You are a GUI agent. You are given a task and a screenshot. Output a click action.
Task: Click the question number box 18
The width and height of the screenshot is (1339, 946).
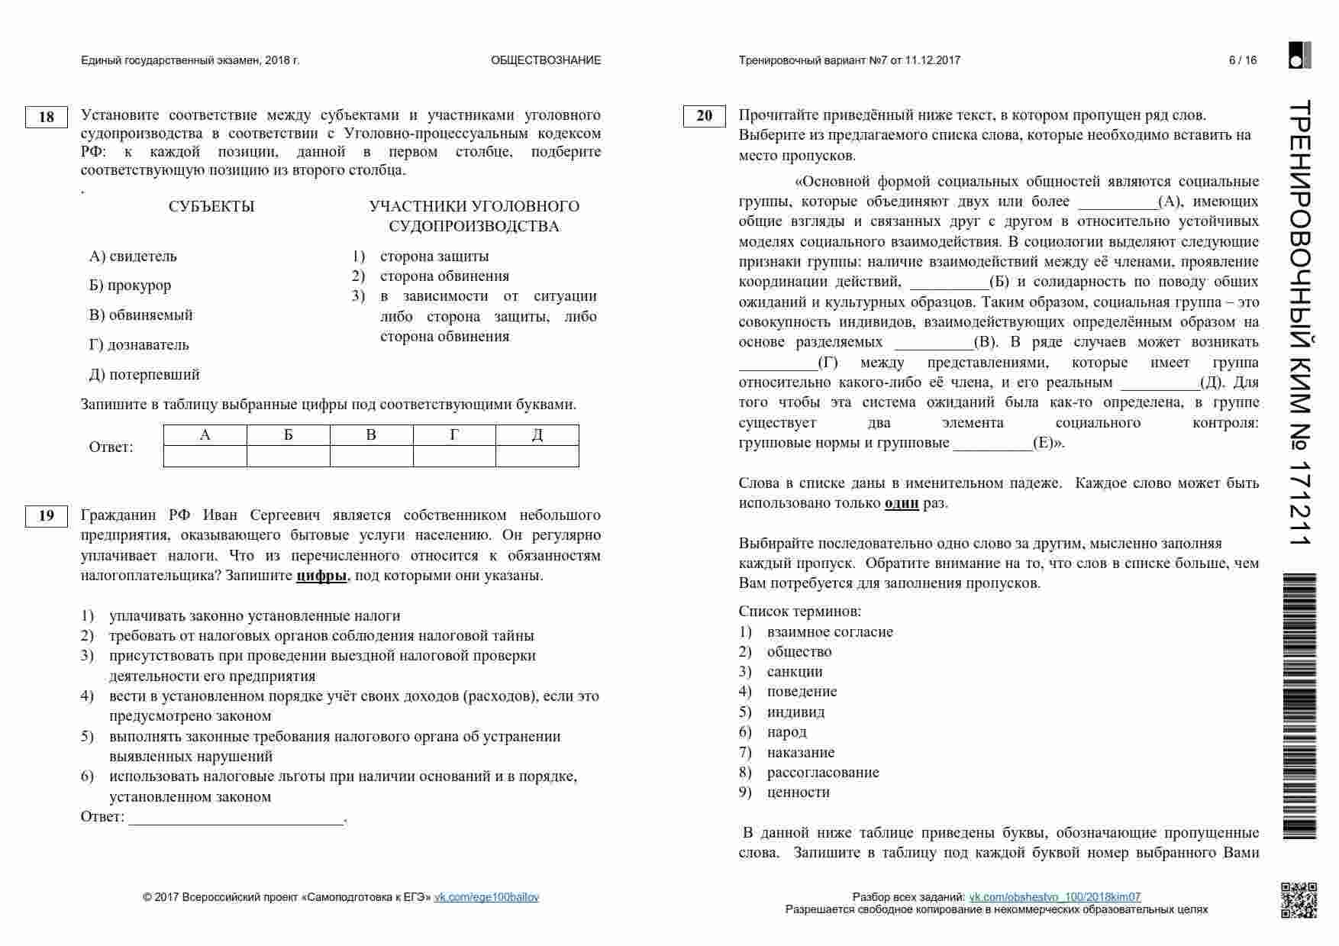pos(47,117)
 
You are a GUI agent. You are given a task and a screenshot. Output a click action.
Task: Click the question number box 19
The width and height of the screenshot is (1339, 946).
pos(47,516)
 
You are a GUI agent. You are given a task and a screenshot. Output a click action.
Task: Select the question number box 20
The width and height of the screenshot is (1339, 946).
pos(704,116)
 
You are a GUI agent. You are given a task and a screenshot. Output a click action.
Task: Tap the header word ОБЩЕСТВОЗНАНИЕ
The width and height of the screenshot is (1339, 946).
pos(546,60)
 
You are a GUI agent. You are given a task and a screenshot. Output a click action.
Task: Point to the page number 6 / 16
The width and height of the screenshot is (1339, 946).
pos(1242,60)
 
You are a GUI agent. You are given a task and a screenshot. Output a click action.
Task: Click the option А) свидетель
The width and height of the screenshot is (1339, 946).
pos(133,257)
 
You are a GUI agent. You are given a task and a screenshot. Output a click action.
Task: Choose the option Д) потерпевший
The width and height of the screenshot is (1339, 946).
pos(144,375)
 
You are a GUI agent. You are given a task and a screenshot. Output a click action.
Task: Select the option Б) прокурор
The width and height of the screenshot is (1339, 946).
pos(130,286)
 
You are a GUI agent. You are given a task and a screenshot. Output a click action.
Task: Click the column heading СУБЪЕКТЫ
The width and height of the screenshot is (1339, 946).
pos(211,207)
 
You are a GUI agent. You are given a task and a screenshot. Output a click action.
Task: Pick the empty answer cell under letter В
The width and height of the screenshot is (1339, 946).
pos(371,457)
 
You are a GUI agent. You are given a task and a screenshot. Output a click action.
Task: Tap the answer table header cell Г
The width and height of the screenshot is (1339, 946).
pos(454,435)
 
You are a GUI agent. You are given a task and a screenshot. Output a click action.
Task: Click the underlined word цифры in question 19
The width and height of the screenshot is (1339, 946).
pos(321,576)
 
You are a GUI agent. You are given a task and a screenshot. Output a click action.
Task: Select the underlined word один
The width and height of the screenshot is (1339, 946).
pos(901,503)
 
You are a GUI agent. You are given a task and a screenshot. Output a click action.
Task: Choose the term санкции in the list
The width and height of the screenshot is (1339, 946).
pos(795,672)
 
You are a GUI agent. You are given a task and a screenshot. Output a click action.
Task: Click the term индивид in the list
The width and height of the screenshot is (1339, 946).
pos(795,712)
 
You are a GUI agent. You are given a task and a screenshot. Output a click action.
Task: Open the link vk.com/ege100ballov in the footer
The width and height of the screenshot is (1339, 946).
pos(486,897)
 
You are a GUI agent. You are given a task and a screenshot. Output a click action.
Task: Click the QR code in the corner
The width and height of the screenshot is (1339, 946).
pos(1298,900)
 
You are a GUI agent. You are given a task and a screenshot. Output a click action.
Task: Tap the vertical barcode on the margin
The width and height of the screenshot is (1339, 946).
pos(1299,706)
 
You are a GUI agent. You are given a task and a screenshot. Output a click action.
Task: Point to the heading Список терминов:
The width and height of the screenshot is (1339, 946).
pos(800,612)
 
